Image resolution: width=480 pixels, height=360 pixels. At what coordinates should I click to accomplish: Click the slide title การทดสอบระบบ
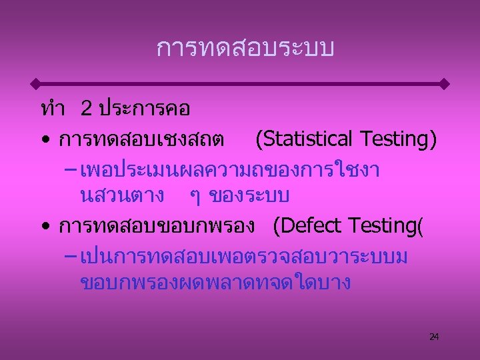point(245,48)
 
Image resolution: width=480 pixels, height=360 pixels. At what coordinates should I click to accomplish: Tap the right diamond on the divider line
point(445,84)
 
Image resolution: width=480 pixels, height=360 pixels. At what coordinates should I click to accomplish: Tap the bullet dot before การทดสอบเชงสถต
point(44,141)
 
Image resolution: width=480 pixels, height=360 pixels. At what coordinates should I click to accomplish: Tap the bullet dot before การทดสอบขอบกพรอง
point(44,227)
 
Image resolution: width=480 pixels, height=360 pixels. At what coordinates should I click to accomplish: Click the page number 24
point(434,337)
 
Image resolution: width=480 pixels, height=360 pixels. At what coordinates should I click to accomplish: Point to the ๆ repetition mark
point(194,198)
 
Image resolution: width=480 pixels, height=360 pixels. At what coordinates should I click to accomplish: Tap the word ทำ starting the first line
point(52,108)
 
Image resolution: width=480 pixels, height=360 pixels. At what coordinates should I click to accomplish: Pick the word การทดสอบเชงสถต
point(141,139)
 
